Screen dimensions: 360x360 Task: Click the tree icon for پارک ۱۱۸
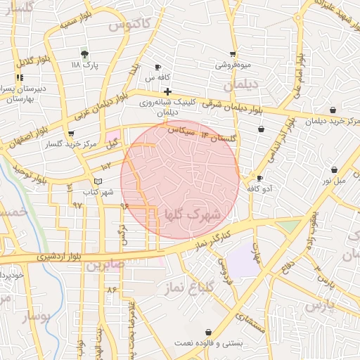pyautogui.click(x=84, y=53)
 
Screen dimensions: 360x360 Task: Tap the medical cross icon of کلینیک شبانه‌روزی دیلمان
pyautogui.click(x=167, y=91)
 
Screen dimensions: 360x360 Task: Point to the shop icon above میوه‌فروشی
pyautogui.click(x=233, y=54)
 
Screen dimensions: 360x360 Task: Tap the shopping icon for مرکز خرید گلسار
pyautogui.click(x=70, y=134)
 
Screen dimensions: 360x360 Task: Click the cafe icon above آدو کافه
pyautogui.click(x=259, y=179)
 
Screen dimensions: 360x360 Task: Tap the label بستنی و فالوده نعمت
pyautogui.click(x=208, y=343)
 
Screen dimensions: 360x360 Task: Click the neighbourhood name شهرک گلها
pyautogui.click(x=192, y=213)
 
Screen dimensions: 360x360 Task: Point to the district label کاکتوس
pyautogui.click(x=131, y=23)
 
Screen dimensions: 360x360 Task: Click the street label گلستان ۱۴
pyautogui.click(x=218, y=134)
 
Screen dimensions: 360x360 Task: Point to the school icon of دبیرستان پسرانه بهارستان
pyautogui.click(x=20, y=78)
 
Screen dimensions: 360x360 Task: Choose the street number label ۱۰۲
pyautogui.click(x=105, y=166)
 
